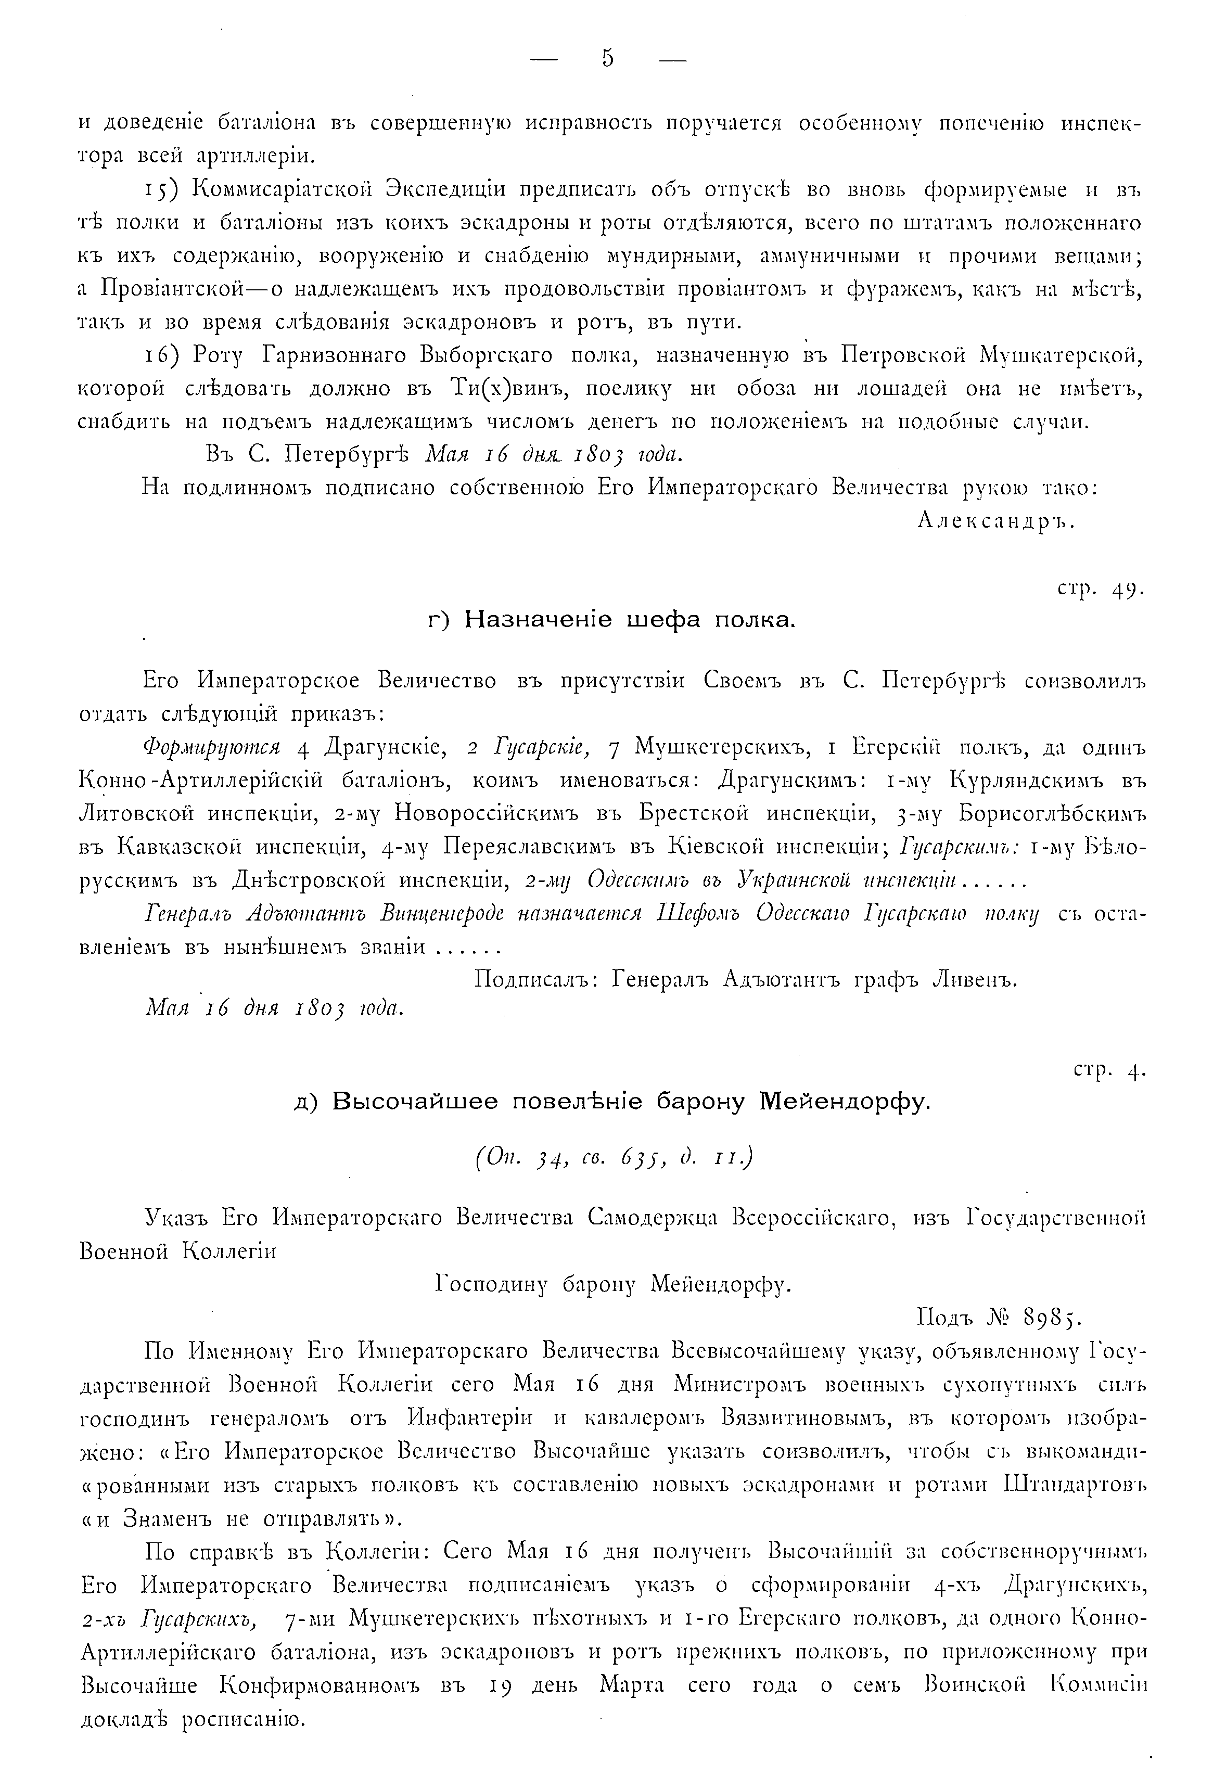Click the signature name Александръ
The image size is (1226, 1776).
[995, 521]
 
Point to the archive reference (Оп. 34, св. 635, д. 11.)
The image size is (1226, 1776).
[613, 1157]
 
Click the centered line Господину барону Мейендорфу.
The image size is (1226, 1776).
[613, 1284]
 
